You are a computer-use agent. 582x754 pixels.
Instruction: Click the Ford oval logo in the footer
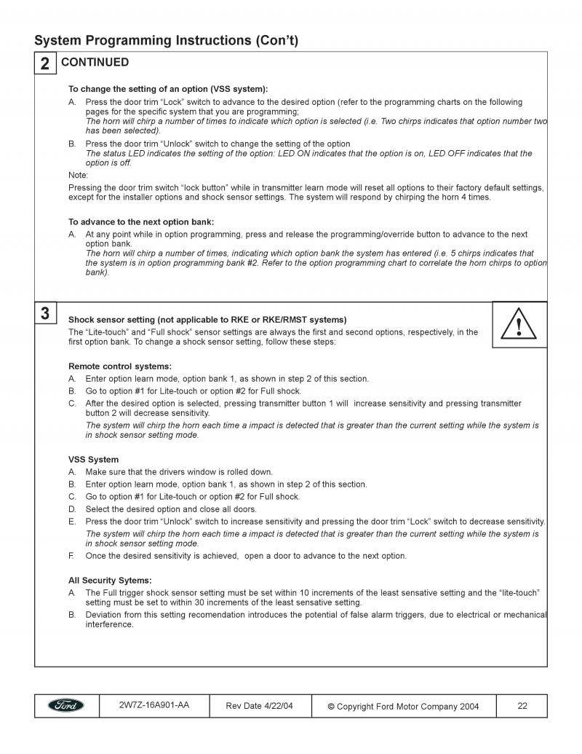pos(66,706)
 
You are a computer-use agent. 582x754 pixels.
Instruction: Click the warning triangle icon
pos(519,325)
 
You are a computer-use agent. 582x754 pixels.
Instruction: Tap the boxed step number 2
pos(45,64)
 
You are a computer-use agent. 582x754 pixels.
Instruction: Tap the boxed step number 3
pos(45,314)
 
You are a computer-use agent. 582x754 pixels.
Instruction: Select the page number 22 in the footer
pos(522,706)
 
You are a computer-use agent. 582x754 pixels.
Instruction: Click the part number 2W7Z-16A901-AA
pos(154,705)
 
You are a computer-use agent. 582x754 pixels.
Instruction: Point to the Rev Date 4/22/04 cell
pos(260,706)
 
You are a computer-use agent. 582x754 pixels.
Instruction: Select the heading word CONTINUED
pos(95,63)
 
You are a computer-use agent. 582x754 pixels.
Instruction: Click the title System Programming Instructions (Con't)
pos(167,40)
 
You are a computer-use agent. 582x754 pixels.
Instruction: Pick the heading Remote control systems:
pos(120,366)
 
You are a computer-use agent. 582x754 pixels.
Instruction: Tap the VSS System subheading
pos(93,460)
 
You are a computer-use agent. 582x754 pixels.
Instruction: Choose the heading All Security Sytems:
pos(110,580)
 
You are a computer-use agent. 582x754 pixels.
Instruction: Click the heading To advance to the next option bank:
pos(141,221)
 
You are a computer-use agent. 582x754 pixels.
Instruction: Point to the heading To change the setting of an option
pos(168,89)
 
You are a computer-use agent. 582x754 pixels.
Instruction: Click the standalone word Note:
pos(78,175)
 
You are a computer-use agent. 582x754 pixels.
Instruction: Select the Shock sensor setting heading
pos(207,319)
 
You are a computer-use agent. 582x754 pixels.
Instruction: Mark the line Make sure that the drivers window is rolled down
pos(179,472)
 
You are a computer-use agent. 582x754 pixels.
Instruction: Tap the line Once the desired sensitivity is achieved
pos(246,556)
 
